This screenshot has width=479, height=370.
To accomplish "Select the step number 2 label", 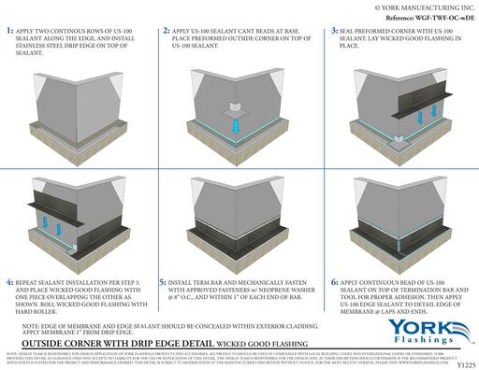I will [x=165, y=31].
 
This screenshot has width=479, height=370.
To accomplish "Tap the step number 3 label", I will [x=322, y=31].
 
